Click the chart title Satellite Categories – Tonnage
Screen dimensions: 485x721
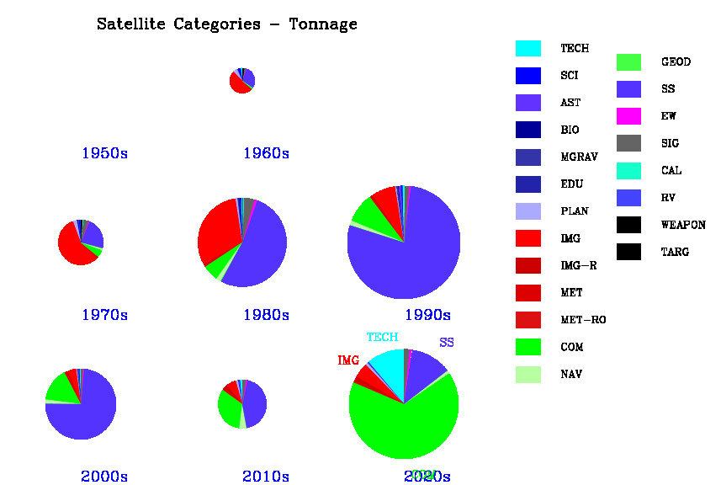point(227,24)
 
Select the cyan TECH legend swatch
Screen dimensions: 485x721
point(527,49)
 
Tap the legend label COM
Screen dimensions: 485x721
point(571,347)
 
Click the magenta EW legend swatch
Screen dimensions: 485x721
point(628,116)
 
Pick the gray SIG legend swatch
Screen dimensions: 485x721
point(628,143)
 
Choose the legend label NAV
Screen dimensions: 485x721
point(571,374)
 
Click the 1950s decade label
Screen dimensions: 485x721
point(104,153)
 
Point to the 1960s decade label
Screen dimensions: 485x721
point(266,153)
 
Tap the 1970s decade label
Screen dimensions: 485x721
point(104,315)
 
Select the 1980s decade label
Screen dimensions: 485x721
point(266,315)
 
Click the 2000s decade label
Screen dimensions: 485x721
point(104,477)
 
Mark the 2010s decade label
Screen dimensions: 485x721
point(266,477)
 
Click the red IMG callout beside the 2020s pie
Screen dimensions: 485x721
point(348,360)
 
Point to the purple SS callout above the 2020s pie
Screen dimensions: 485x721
point(446,343)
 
